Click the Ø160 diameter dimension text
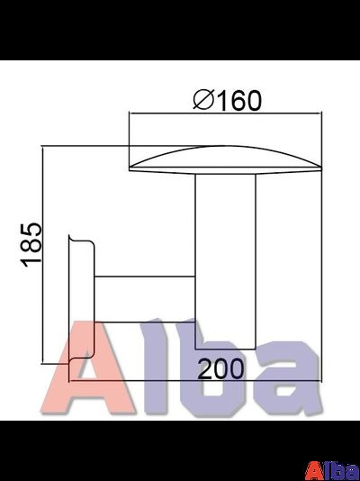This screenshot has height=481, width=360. [228, 101]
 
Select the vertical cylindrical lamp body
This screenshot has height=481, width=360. [226, 261]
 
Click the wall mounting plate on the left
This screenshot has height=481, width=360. [82, 297]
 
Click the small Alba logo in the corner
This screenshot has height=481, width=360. [332, 469]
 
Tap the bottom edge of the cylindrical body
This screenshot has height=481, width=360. [226, 348]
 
